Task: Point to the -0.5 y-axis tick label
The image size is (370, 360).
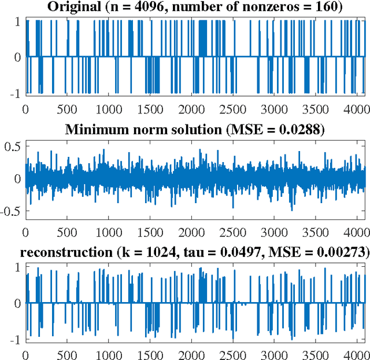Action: coord(10,211)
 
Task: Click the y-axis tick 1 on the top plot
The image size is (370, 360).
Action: coord(17,21)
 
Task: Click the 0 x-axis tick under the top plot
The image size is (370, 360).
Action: coord(25,108)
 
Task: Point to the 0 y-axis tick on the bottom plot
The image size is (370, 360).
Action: coord(17,303)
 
